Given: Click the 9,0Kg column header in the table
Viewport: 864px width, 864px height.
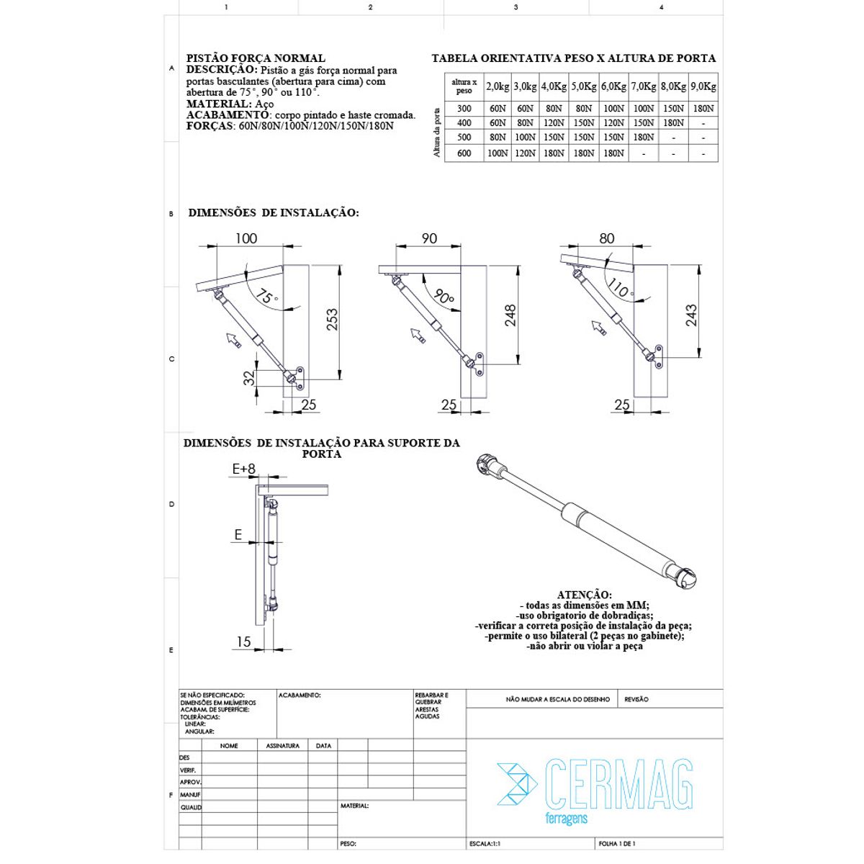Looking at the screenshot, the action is tap(703, 86).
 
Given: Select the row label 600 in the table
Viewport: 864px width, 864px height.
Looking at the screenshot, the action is tap(464, 153).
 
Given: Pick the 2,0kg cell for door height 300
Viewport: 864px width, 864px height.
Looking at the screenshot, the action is tap(498, 109).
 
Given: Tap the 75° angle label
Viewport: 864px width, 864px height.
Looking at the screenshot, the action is tap(267, 297).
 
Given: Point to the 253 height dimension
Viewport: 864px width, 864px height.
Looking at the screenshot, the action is tap(332, 319).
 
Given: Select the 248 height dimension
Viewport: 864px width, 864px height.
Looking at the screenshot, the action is tap(510, 315).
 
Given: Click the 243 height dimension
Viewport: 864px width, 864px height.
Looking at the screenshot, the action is tap(691, 315).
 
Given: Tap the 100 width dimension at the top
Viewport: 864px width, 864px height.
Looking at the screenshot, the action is tap(246, 238).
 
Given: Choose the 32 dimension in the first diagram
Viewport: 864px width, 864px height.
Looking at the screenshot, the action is tap(249, 378).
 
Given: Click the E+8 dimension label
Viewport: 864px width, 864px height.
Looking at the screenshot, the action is tap(243, 469).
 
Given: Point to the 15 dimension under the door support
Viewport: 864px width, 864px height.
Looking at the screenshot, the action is tap(243, 642).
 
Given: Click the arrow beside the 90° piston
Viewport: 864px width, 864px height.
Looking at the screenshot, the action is tap(418, 336).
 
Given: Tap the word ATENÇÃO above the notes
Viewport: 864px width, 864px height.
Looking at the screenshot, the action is tap(584, 595).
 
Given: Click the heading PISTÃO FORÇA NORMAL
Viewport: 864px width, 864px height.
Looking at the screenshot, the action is tap(256, 58).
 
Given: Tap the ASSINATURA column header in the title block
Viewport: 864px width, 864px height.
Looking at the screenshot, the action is tap(282, 746).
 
